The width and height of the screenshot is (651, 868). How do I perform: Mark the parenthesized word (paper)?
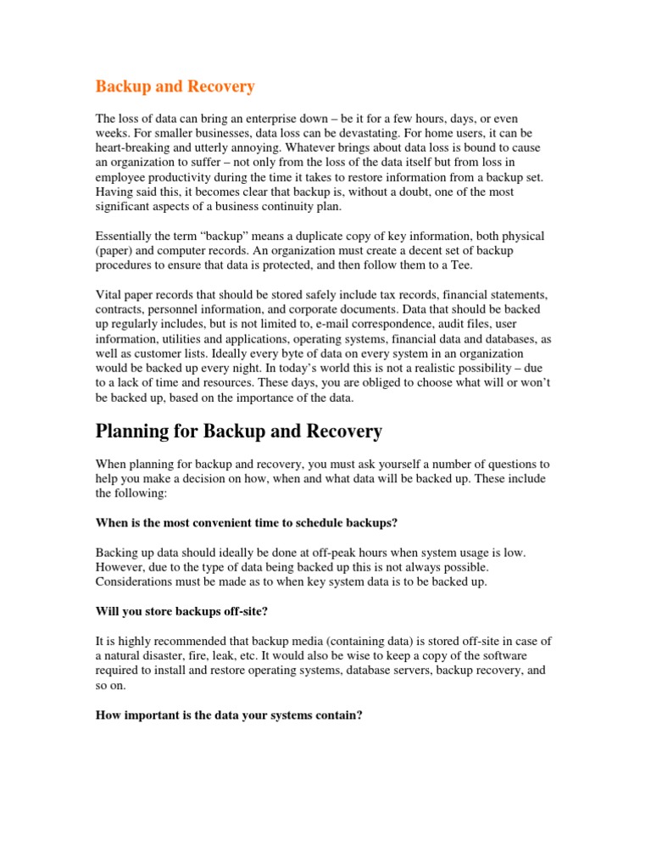pos(114,250)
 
